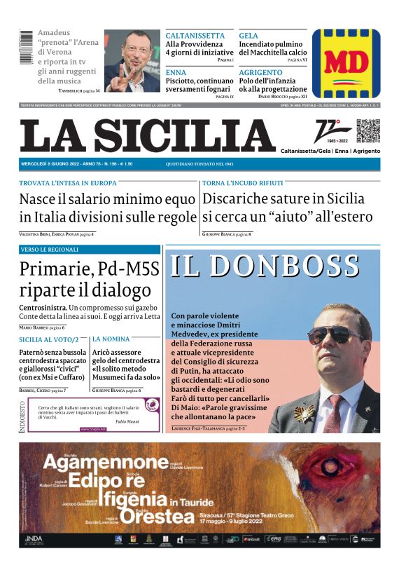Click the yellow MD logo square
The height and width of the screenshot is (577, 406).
pyautogui.click(x=346, y=62)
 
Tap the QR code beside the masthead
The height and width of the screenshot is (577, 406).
pyautogui.click(x=367, y=130)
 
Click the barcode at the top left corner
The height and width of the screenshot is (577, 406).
pyautogui.click(x=27, y=48)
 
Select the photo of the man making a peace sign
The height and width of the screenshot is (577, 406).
pyautogui.click(x=132, y=61)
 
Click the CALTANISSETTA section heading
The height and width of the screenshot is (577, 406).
pyautogui.click(x=195, y=36)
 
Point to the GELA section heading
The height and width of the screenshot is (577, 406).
pyautogui.click(x=248, y=36)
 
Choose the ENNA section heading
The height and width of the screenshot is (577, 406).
pyautogui.click(x=176, y=72)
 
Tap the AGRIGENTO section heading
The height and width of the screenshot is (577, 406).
pyautogui.click(x=260, y=72)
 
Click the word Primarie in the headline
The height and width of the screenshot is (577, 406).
pyautogui.click(x=57, y=269)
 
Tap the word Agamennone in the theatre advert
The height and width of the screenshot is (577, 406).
pyautogui.click(x=103, y=463)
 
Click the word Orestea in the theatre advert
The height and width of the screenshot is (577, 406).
pyautogui.click(x=155, y=517)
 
